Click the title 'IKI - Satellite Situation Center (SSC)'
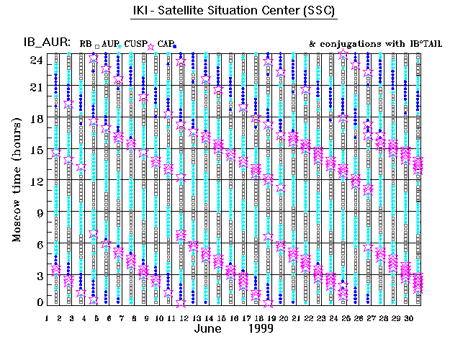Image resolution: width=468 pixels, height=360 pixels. [234, 12]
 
